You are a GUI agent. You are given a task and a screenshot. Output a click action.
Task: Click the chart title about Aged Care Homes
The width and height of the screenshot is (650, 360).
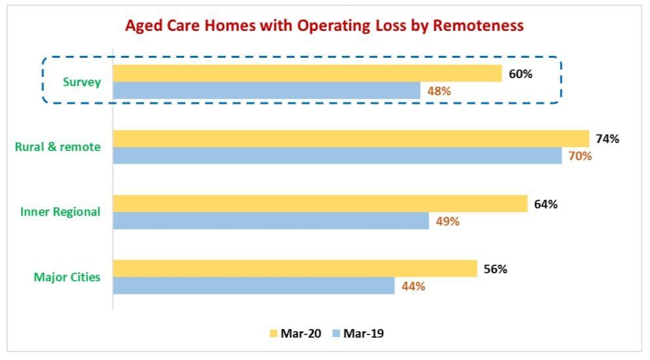click(324, 26)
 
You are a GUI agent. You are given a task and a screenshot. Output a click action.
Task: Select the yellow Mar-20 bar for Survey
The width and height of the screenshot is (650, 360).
click(307, 74)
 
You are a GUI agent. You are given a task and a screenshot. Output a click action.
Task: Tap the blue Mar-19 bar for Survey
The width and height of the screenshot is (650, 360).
click(266, 91)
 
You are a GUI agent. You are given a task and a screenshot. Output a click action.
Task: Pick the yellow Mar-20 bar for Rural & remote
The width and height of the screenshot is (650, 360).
click(351, 139)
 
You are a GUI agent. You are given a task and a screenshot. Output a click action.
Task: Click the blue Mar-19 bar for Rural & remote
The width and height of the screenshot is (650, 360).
click(337, 156)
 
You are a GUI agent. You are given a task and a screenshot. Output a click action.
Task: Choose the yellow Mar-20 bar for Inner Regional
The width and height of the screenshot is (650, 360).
click(320, 204)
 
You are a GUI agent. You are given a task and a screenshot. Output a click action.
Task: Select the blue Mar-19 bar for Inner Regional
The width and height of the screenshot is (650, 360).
click(271, 221)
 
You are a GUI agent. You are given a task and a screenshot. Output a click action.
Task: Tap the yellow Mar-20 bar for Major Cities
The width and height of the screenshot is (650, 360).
click(295, 269)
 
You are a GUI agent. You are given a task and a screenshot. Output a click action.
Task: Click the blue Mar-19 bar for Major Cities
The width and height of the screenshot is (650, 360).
click(254, 286)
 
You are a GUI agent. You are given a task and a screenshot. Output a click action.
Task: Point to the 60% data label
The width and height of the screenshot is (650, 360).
click(521, 74)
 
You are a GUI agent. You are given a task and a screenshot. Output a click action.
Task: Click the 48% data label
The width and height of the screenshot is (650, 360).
click(439, 91)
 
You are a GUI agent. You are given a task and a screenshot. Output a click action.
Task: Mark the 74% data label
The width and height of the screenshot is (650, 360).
click(607, 139)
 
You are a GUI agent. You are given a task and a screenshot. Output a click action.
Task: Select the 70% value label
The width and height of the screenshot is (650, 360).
click(580, 156)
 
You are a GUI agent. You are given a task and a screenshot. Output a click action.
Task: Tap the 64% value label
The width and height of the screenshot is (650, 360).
click(546, 204)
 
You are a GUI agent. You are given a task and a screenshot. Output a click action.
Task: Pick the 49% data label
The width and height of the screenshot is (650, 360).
click(448, 221)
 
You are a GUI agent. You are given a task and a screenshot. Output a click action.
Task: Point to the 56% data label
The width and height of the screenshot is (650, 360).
click(495, 269)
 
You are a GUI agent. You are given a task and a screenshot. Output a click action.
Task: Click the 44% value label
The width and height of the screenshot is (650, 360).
click(413, 286)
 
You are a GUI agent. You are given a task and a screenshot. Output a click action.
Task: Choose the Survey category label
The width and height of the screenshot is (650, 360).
click(82, 82)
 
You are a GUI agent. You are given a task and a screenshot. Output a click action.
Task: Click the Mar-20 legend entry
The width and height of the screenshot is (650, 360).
click(294, 334)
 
